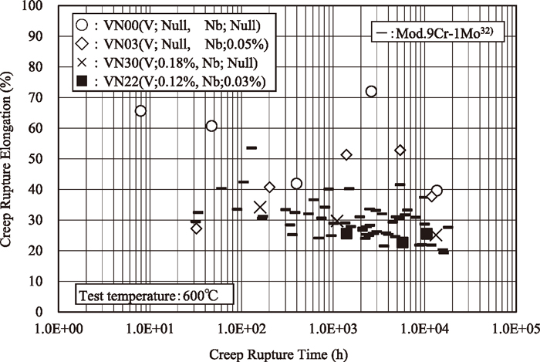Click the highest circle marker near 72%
(x=371, y=92)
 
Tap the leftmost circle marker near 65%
(x=140, y=111)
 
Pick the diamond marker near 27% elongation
(x=196, y=228)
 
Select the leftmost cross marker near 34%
(x=260, y=207)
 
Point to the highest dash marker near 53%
(x=251, y=147)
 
